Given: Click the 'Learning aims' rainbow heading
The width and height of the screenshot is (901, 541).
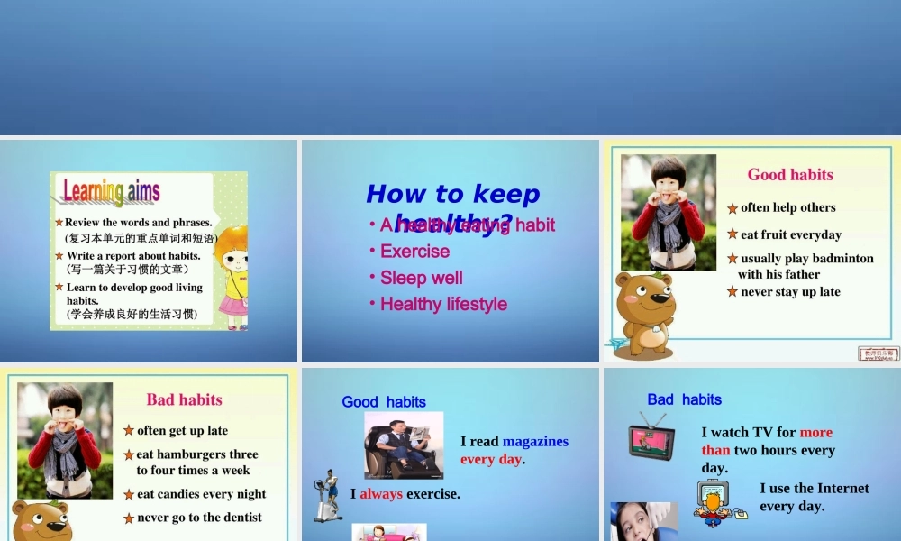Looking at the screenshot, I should tap(112, 191).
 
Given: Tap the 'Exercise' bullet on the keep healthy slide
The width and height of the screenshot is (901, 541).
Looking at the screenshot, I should tap(414, 252).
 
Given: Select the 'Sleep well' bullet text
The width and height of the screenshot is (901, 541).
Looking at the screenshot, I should tap(422, 278).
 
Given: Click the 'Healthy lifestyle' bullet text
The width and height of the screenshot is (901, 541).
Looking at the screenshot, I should tap(443, 305).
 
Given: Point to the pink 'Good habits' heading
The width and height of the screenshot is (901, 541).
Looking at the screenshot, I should tap(790, 175).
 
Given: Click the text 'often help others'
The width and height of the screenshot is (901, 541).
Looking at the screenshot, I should tap(788, 207).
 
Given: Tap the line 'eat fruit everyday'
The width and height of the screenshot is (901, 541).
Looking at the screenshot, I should tap(791, 234).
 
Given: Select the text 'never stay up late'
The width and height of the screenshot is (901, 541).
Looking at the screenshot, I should tap(790, 292).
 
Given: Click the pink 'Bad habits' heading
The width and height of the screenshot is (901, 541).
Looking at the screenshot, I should tap(184, 399).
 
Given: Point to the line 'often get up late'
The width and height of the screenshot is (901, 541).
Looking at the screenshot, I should tap(182, 431).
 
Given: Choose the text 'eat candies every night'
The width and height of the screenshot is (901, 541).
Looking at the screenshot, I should tap(201, 494).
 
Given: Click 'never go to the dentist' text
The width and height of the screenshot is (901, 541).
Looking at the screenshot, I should tap(199, 518).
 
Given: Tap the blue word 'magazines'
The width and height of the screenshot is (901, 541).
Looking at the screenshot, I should tap(535, 442).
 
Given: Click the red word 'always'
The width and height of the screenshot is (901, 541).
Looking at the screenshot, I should tap(381, 494).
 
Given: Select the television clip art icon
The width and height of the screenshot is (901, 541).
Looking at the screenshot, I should tap(651, 437).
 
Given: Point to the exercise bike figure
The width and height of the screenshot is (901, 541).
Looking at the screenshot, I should tap(327, 496).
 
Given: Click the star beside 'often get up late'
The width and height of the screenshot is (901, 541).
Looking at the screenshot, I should tap(129, 431).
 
